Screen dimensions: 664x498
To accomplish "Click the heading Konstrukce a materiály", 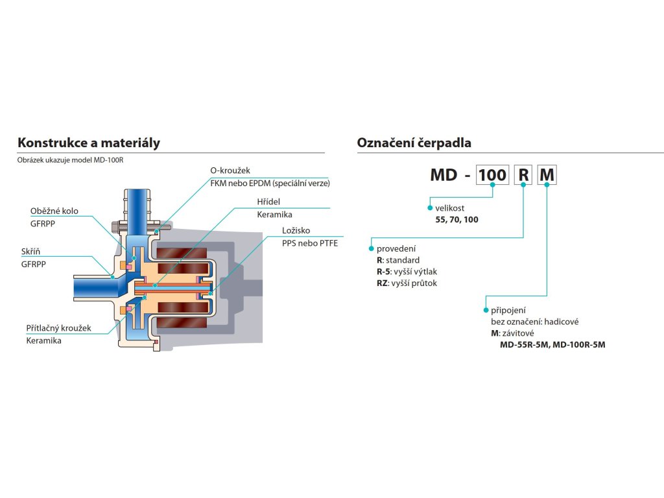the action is [x=89, y=143].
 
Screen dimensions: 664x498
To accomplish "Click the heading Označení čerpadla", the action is [x=414, y=143].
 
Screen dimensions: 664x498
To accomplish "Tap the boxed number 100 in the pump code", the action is [x=493, y=175].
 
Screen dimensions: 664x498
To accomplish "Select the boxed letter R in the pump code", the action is [x=523, y=175].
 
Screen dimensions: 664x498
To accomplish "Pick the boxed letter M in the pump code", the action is [x=547, y=175].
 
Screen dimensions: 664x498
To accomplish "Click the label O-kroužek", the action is [x=230, y=171].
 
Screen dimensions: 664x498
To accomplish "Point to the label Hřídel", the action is [x=268, y=202].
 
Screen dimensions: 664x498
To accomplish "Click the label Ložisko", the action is [x=296, y=230].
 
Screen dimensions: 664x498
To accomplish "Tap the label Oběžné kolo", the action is [x=54, y=211].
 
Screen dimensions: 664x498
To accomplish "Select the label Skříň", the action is [x=31, y=252].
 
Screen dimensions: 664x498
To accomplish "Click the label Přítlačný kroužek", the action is [x=58, y=327].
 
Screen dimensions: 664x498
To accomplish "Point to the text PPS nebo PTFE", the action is [x=310, y=243].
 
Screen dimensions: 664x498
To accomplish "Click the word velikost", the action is [x=450, y=208].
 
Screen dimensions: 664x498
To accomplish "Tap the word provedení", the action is [x=396, y=248].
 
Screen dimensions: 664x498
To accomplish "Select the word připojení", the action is [x=508, y=311].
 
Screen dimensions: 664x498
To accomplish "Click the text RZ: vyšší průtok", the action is [x=407, y=283].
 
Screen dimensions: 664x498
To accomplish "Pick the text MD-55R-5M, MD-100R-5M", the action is [x=552, y=345].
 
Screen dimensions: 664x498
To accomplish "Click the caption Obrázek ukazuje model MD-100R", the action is [x=70, y=160].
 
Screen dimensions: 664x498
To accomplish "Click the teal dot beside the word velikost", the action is [x=431, y=208].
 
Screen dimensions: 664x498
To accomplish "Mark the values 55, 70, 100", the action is [x=457, y=219].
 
